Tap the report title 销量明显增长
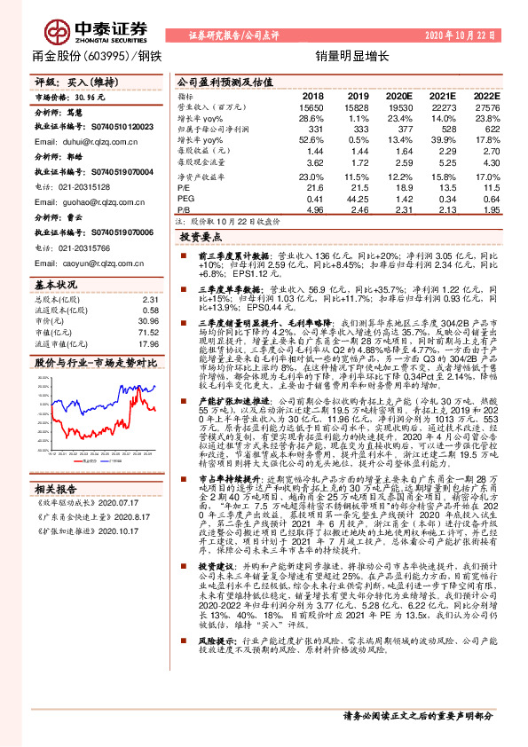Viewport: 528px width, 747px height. point(344,55)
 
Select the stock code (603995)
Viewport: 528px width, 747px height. point(108,55)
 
